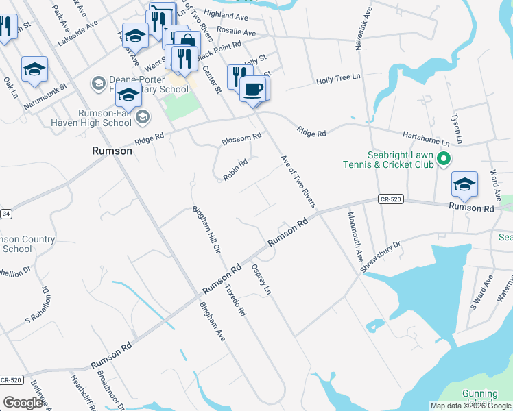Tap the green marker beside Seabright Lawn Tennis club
pos(444,160)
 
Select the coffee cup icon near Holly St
pos(254,90)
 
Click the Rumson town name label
pos(112,151)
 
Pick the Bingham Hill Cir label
pos(205,229)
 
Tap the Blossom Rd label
pos(241,139)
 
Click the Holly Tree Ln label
pos(338,81)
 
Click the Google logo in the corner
pos(23,402)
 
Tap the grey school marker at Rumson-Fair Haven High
pos(142,117)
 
